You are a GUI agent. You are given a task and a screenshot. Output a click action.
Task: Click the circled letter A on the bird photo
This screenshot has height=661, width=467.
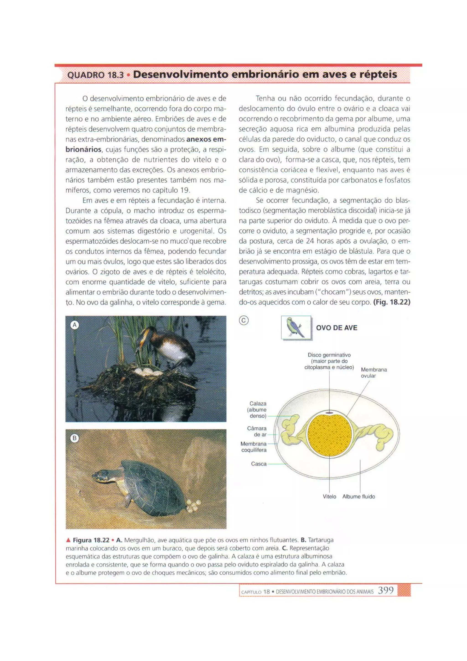pyautogui.click(x=75, y=325)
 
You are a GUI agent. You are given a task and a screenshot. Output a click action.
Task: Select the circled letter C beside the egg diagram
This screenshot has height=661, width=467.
pyautogui.click(x=244, y=320)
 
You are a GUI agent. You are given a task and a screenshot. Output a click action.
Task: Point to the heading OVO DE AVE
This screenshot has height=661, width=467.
pyautogui.click(x=336, y=328)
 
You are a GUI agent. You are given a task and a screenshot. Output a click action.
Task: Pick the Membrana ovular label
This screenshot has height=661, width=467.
pyautogui.click(x=374, y=372)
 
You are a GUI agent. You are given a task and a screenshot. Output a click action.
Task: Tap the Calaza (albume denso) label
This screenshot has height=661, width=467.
pyautogui.click(x=258, y=410)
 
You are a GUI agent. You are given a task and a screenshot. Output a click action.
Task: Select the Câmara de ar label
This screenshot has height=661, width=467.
pyautogui.click(x=257, y=431)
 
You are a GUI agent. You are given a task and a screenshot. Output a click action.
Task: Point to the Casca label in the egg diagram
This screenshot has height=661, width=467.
pyautogui.click(x=259, y=464)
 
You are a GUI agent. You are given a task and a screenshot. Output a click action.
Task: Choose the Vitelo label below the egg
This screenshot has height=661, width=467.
pyautogui.click(x=329, y=496)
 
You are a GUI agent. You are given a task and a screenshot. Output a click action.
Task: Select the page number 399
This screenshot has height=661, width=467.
pyautogui.click(x=386, y=590)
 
